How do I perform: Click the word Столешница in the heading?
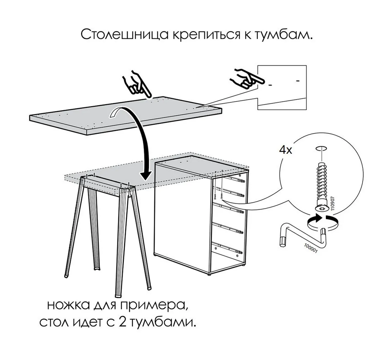(x=125, y=35)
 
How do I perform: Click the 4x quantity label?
(x=286, y=150)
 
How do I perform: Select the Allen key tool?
(x=302, y=237)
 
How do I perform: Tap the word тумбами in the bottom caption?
(x=163, y=322)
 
